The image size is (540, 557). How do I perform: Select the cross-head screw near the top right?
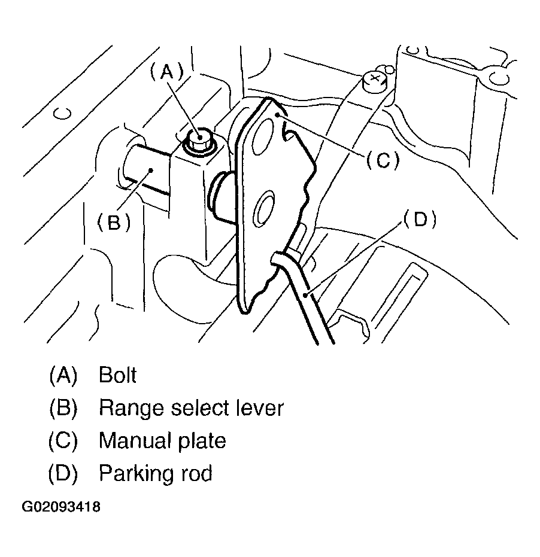tap(372, 80)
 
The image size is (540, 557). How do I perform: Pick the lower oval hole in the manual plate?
tap(263, 209)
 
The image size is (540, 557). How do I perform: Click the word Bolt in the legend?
tap(118, 375)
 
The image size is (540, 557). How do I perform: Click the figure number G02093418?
tap(61, 507)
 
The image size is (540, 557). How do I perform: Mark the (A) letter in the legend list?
tap(63, 376)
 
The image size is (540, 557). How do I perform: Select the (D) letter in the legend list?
tap(63, 474)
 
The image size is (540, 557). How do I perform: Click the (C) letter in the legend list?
tap(63, 441)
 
